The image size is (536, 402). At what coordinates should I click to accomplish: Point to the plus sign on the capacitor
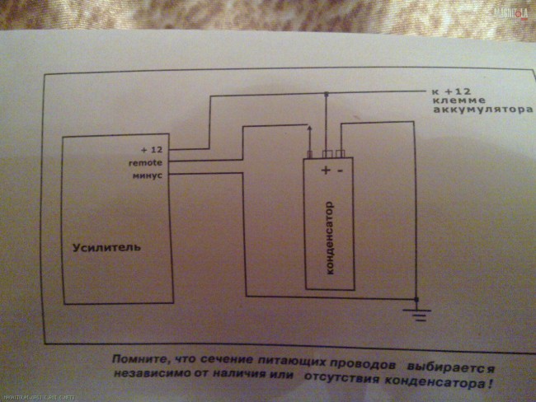[x=326, y=171]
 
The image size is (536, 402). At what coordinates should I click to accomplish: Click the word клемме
[x=451, y=101]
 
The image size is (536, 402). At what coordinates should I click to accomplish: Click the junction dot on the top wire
[x=327, y=94]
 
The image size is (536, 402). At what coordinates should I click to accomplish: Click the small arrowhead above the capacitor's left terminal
[x=308, y=128]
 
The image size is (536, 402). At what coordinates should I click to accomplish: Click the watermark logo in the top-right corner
[x=512, y=12]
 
